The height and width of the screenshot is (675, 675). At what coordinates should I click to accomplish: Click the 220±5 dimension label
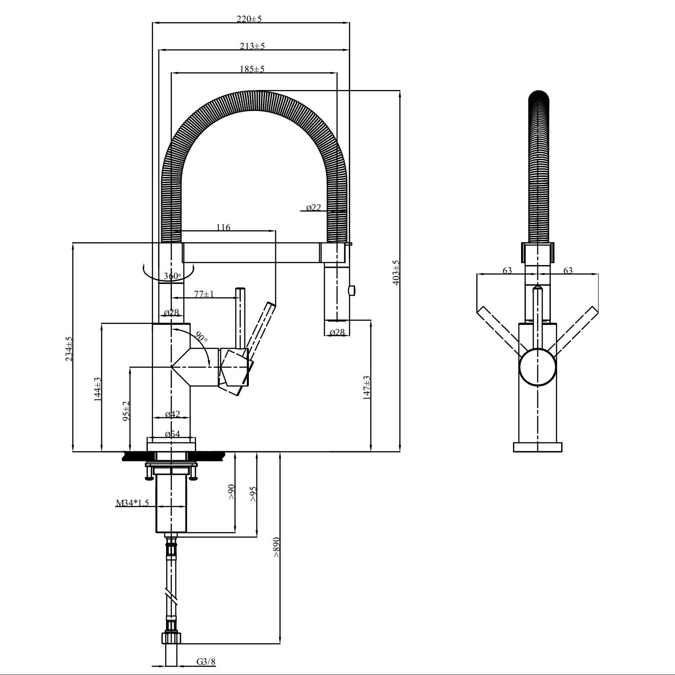click(x=249, y=19)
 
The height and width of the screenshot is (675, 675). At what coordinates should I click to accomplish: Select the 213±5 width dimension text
click(x=252, y=46)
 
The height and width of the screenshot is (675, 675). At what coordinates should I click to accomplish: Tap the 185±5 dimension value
click(x=252, y=69)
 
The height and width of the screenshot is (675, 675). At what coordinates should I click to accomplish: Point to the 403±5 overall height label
click(x=396, y=272)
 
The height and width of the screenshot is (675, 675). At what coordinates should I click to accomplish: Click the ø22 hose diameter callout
click(x=314, y=207)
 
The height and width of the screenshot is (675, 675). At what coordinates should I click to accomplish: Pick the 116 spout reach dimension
click(x=223, y=227)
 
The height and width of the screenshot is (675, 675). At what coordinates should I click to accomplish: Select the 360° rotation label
click(x=172, y=276)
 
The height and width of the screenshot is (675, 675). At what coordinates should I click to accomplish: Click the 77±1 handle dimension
click(x=204, y=294)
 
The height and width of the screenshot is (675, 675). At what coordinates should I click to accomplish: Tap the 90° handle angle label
click(x=201, y=337)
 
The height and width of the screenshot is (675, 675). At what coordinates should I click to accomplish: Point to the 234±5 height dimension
click(x=68, y=349)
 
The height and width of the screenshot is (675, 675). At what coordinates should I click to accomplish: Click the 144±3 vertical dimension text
click(x=97, y=389)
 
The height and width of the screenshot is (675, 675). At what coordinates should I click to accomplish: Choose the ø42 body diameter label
click(x=172, y=414)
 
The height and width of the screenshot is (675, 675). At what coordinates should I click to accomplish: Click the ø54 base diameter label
click(x=172, y=434)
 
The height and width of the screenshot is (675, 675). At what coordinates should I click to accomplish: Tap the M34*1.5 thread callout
click(x=132, y=503)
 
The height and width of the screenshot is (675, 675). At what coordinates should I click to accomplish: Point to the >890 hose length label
click(x=276, y=547)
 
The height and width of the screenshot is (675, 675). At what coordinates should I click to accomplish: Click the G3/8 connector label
click(x=206, y=661)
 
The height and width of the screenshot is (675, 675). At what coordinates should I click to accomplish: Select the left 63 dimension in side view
click(x=507, y=270)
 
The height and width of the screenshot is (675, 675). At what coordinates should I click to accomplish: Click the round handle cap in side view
click(x=538, y=367)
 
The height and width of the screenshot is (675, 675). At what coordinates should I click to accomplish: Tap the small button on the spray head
click(x=351, y=289)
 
